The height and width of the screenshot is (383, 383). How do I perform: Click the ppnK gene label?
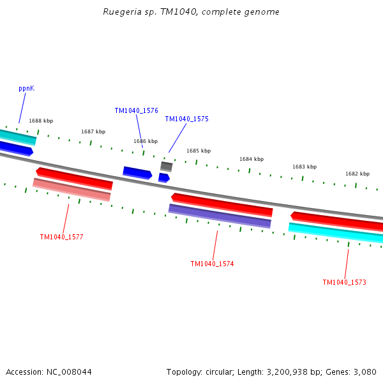(26, 88)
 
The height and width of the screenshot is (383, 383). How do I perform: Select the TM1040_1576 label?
(136, 110)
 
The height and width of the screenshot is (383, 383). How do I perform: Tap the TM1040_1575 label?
(186, 119)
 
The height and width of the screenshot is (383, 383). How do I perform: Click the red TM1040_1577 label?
(61, 237)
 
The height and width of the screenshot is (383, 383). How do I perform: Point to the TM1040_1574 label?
(212, 264)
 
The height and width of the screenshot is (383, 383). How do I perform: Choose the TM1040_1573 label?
(344, 282)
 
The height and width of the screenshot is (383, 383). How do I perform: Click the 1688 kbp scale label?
(41, 121)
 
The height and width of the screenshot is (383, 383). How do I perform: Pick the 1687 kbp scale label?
(93, 131)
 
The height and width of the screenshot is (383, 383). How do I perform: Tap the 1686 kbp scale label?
(145, 141)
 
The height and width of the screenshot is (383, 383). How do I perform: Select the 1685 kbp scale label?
(198, 151)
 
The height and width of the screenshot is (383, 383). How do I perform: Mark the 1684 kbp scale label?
(251, 159)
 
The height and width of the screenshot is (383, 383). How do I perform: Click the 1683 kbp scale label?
(304, 167)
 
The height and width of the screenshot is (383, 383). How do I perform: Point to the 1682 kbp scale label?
(357, 174)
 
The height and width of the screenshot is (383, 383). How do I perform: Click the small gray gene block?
(166, 166)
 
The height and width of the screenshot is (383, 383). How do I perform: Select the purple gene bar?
(220, 216)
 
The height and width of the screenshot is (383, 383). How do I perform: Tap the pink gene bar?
(71, 190)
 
